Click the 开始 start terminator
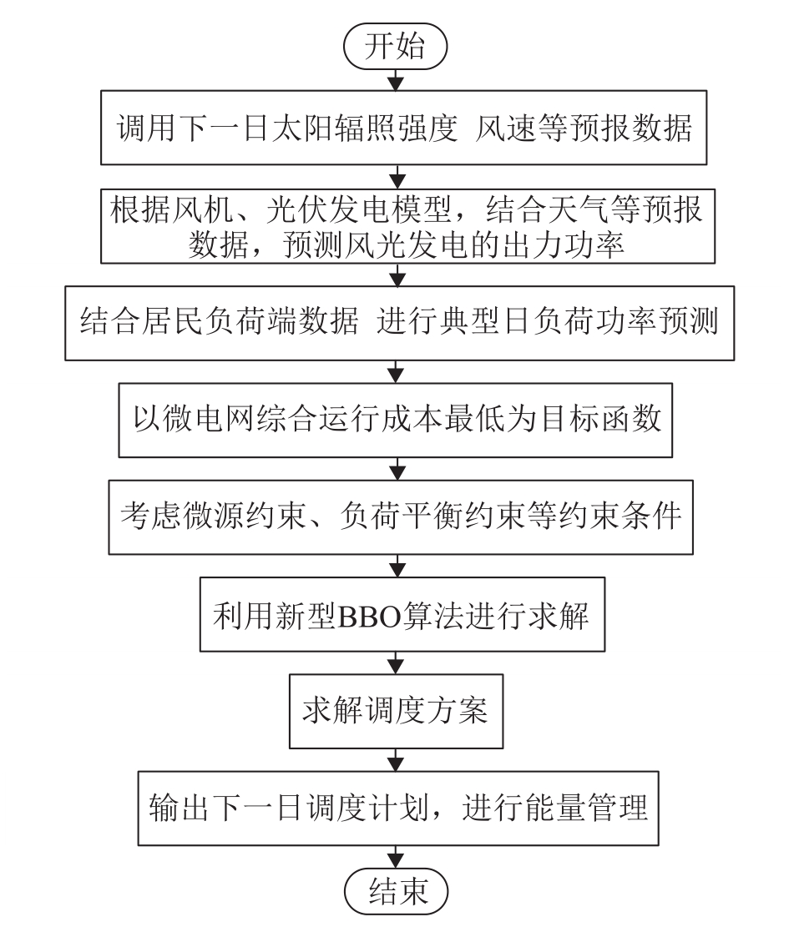tap(395, 46)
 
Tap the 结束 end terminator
tap(396, 892)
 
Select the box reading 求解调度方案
tap(396, 711)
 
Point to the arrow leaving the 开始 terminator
tap(396, 80)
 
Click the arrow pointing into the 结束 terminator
tap(396, 857)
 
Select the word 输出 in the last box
tap(179, 808)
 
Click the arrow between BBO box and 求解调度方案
tap(396, 662)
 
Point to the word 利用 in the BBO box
tap(243, 616)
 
